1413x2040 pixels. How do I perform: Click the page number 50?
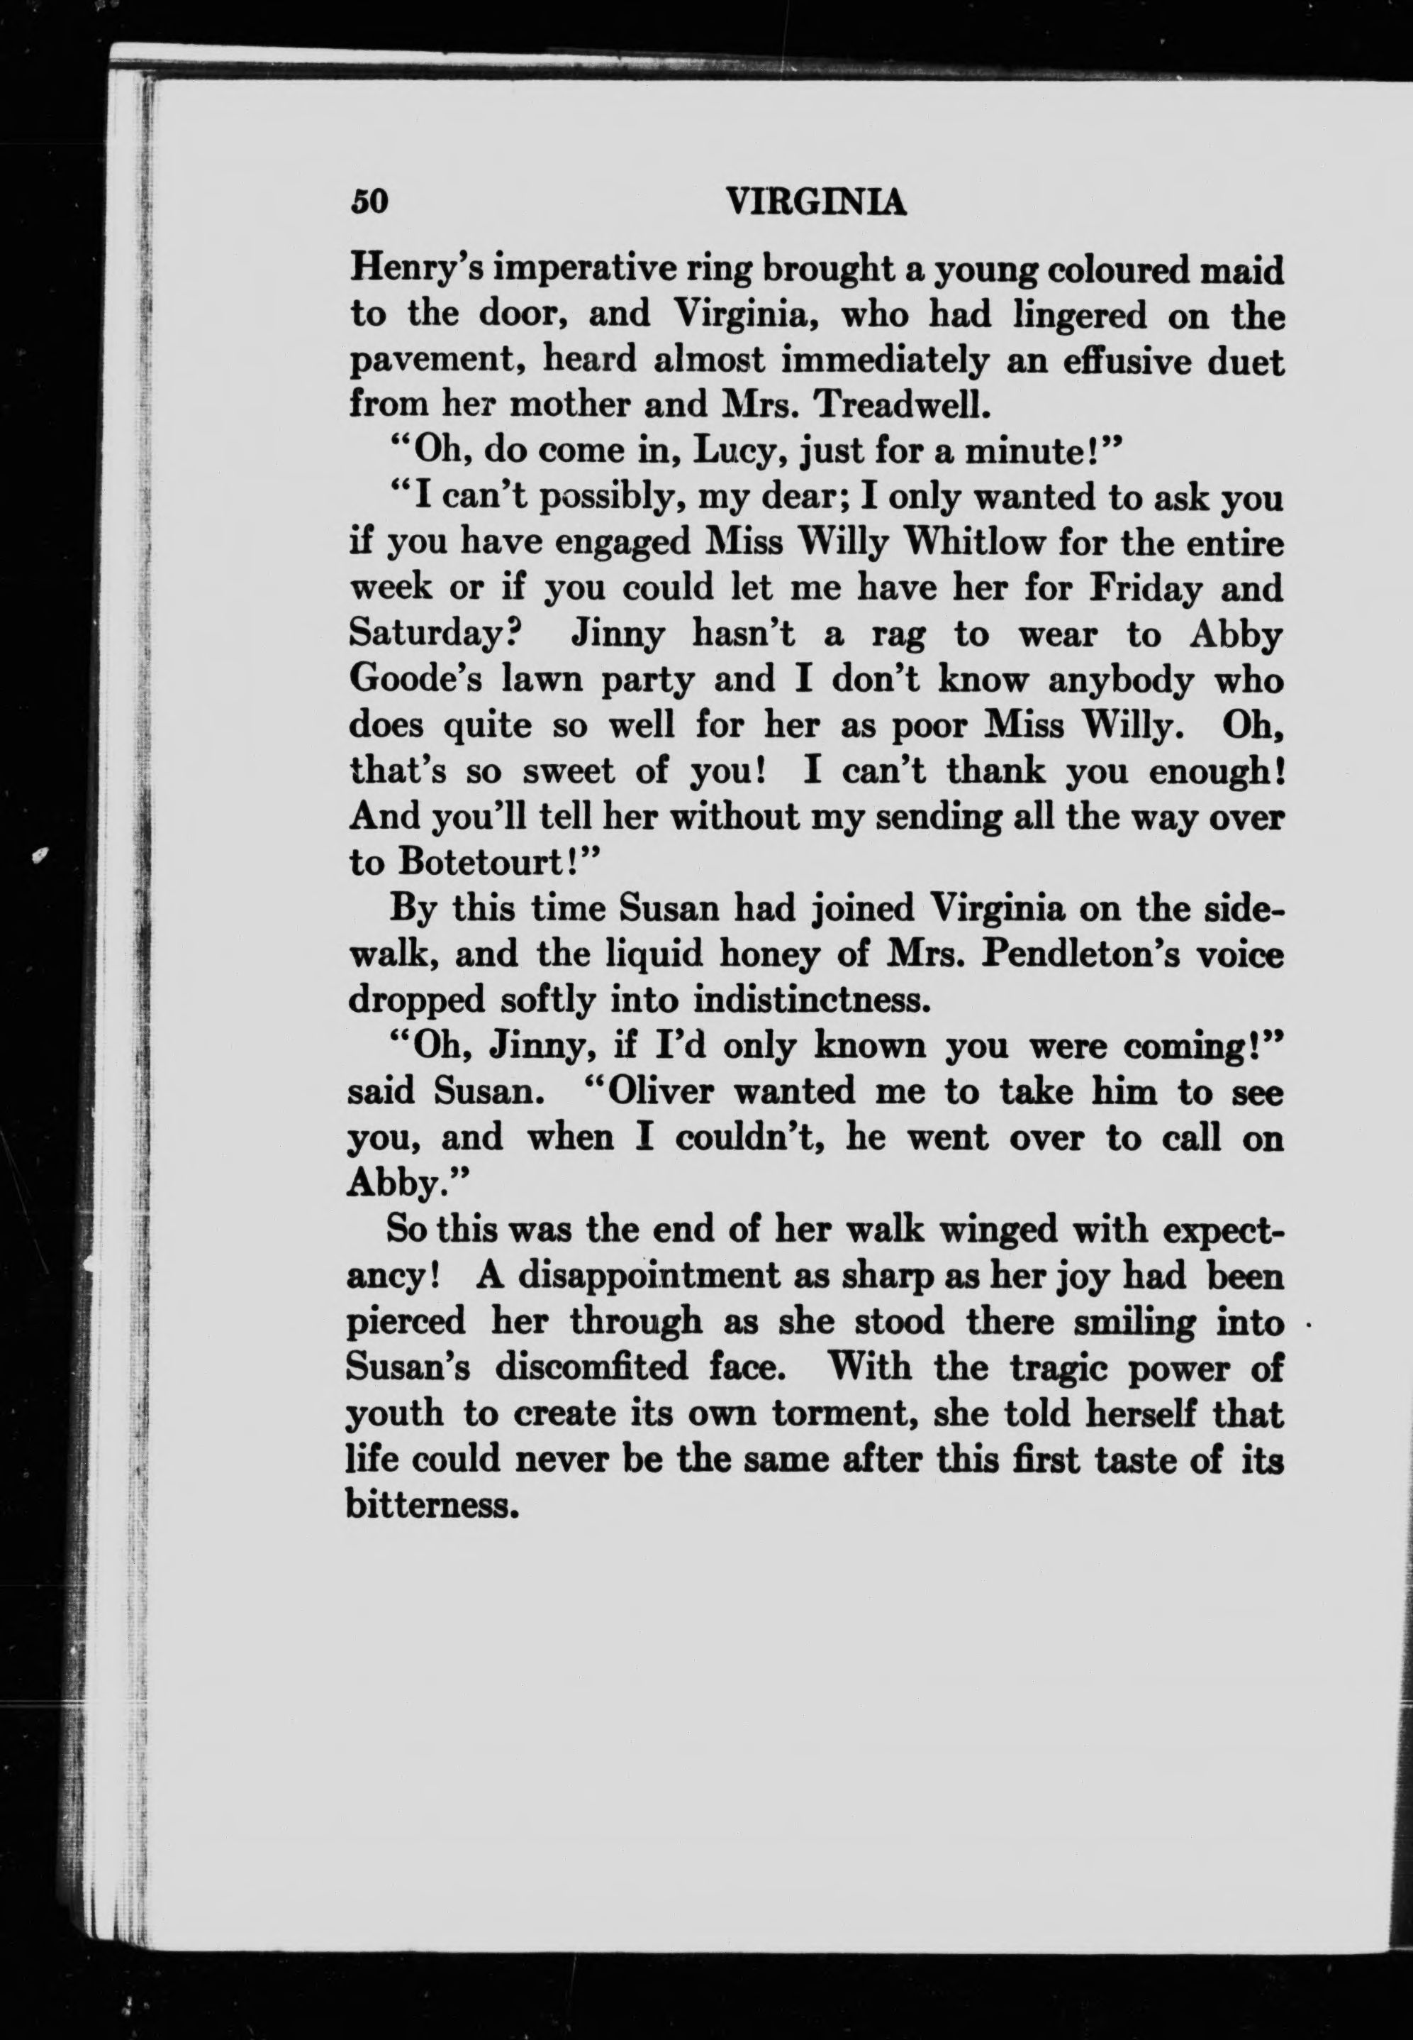tap(369, 202)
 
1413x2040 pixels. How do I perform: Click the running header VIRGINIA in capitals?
tap(815, 203)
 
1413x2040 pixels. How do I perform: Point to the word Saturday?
tap(431, 634)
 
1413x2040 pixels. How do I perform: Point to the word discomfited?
tap(591, 1367)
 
